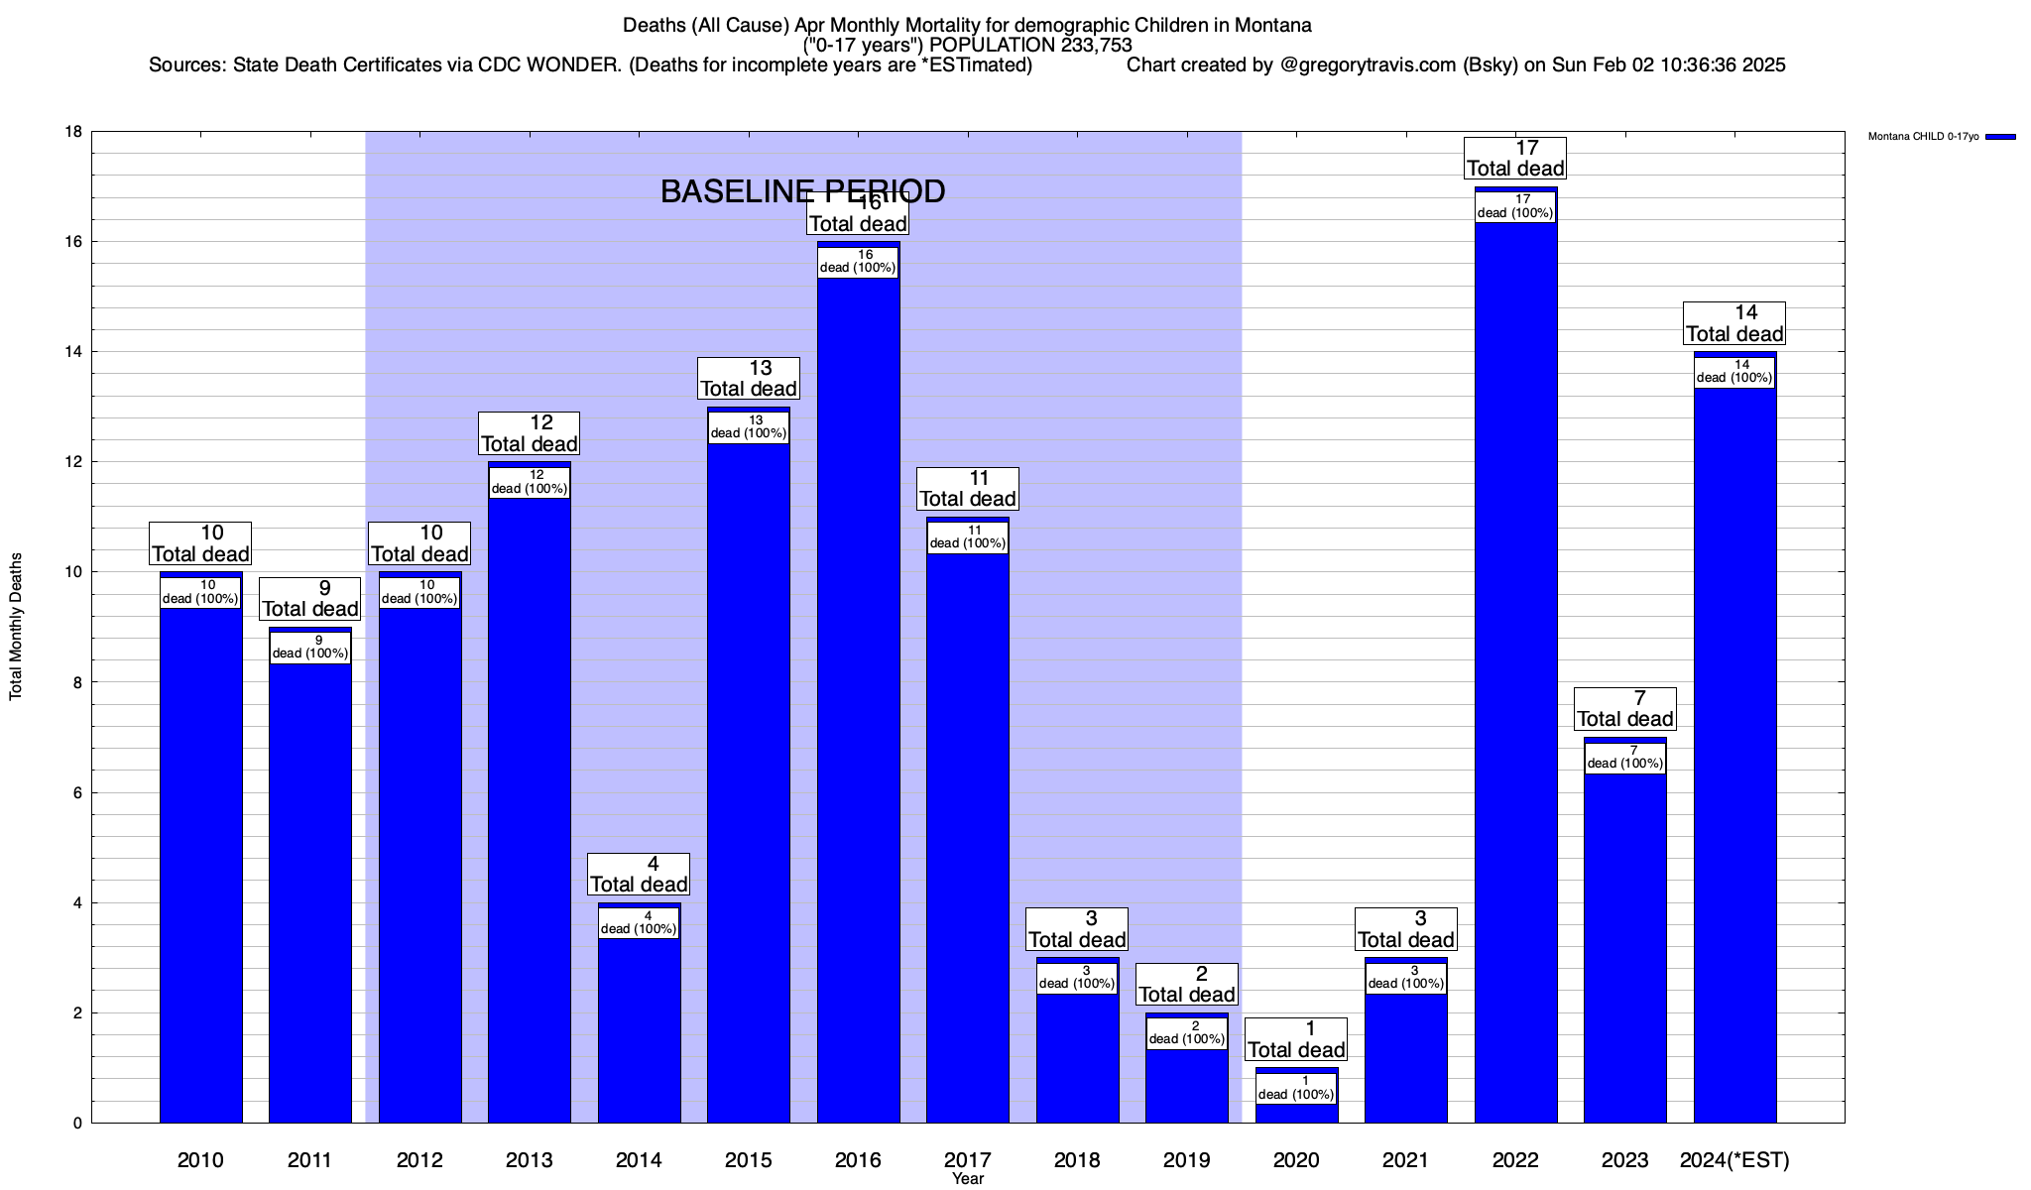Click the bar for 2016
click(x=858, y=694)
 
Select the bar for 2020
click(x=1296, y=1113)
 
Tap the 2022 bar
click(x=1515, y=674)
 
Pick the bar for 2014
click(x=639, y=1031)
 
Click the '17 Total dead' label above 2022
click(x=1515, y=159)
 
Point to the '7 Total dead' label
click(x=1624, y=709)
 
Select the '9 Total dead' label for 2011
click(x=309, y=599)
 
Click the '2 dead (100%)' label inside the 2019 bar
click(x=1186, y=1032)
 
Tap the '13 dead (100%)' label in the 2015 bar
click(x=749, y=426)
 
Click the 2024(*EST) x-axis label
click(x=1734, y=1159)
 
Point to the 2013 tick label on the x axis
click(x=529, y=1159)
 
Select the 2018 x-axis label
click(x=1077, y=1159)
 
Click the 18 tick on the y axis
click(x=73, y=132)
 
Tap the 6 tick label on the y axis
click(x=77, y=792)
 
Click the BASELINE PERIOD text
click(x=802, y=191)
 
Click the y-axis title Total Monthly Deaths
click(x=16, y=627)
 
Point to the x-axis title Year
click(x=967, y=1178)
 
